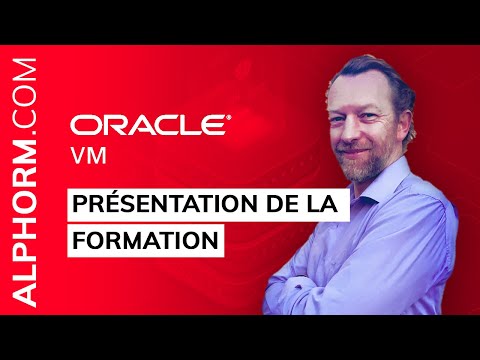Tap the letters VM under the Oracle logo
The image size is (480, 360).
click(x=84, y=156)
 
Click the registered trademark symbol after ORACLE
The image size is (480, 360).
click(x=230, y=116)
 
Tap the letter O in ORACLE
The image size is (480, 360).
click(x=83, y=125)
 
